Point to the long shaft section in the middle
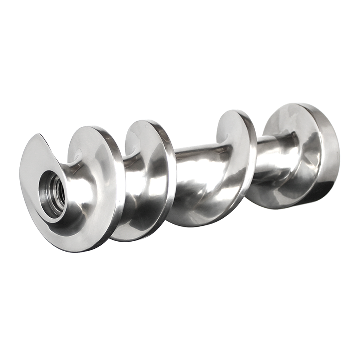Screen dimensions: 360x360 pyautogui.click(x=196, y=169)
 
